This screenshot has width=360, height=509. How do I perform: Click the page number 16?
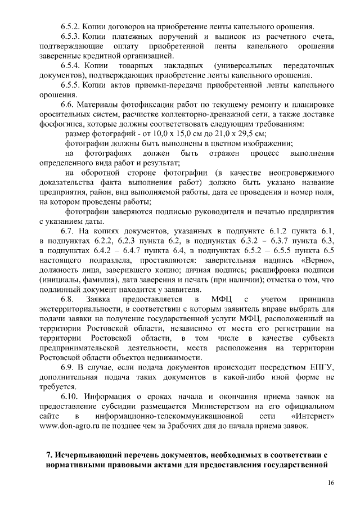(331, 483)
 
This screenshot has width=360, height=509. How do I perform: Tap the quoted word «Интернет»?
(314, 416)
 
